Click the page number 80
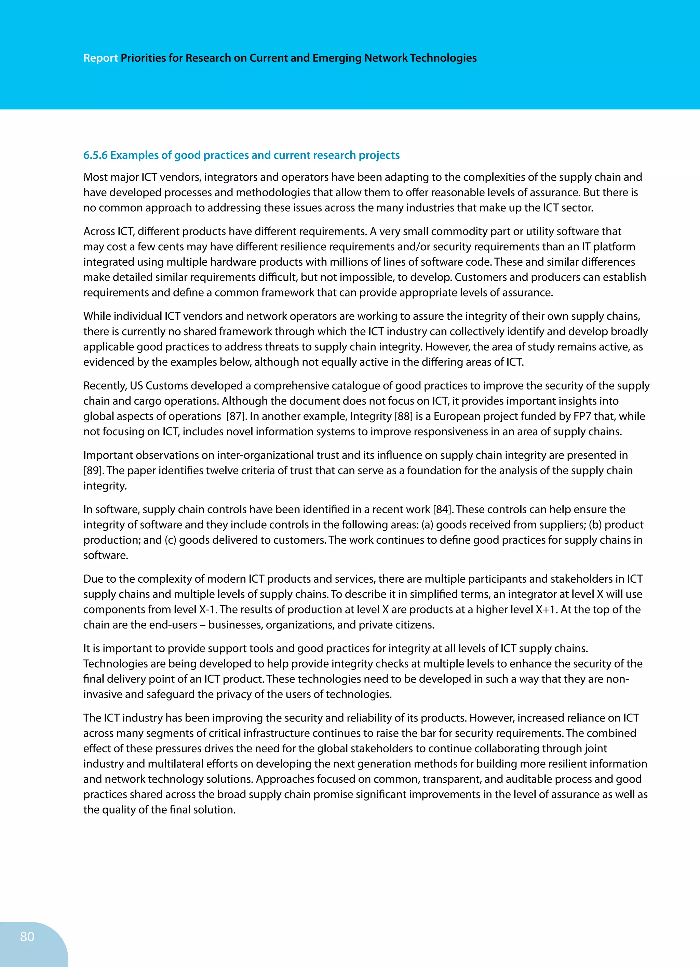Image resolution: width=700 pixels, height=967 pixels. pyautogui.click(x=27, y=936)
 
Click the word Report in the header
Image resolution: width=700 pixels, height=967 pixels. pyautogui.click(x=100, y=58)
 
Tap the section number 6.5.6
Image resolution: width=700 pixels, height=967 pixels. pyautogui.click(x=95, y=155)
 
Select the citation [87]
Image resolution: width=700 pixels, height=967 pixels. pyautogui.click(x=235, y=416)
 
